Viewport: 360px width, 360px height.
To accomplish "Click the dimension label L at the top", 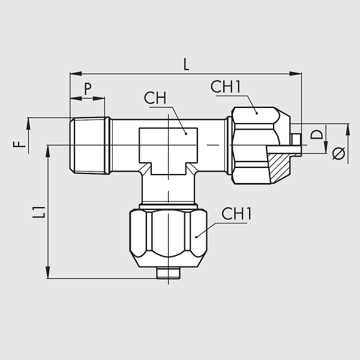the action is tap(186, 64).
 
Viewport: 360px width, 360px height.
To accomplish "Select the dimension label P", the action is tap(88, 89).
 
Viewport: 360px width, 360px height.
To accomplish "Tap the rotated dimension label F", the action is tap(20, 144).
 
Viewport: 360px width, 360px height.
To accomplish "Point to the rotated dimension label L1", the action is tap(39, 212).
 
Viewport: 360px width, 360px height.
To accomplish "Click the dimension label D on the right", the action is tap(316, 134).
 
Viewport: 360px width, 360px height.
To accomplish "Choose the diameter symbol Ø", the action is tap(338, 153).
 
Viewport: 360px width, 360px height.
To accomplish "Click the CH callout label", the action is tap(155, 98).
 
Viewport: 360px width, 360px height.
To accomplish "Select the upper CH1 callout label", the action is tap(226, 87).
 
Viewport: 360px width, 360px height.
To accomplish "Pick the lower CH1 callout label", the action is tap(236, 214).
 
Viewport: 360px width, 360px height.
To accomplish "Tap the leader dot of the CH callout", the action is tap(186, 134).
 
